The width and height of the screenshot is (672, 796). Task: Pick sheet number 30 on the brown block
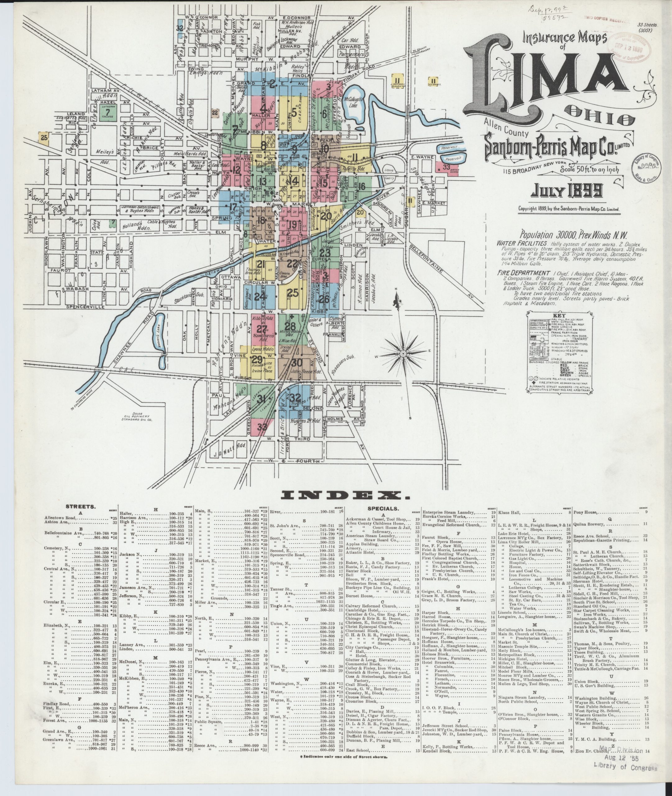[x=297, y=363]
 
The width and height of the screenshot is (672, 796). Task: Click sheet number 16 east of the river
[x=361, y=186]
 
